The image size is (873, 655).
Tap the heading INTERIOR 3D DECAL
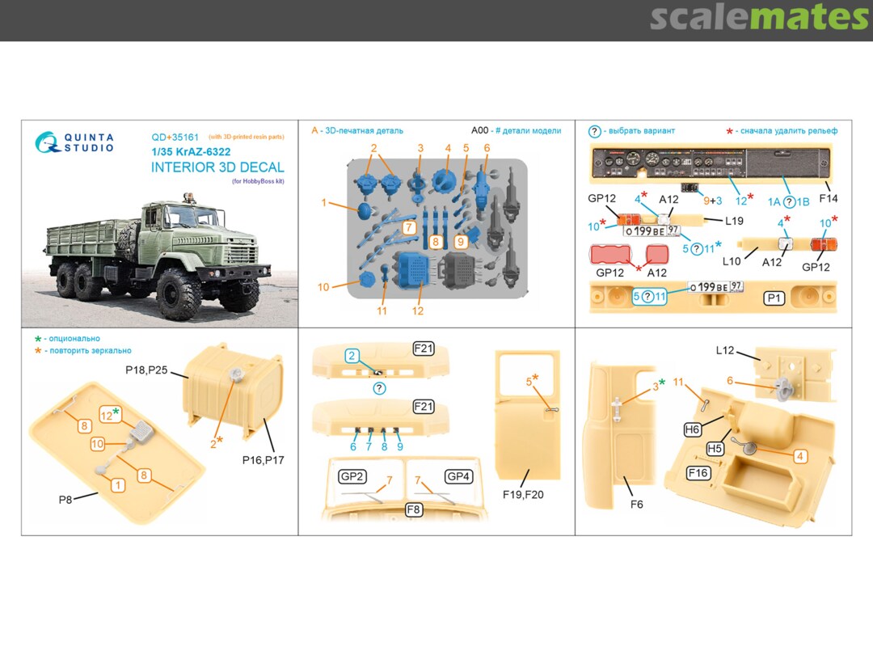[217, 167]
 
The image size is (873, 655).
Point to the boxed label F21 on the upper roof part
[424, 349]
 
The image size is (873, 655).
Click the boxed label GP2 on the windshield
[353, 476]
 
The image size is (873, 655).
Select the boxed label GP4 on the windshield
[458, 476]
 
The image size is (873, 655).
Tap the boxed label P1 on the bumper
[774, 298]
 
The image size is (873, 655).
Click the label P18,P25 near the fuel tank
[145, 370]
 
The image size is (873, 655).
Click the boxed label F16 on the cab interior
[698, 472]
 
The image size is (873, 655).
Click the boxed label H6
[693, 430]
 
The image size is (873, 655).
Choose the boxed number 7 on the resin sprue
[410, 228]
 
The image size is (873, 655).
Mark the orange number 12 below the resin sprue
[417, 311]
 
